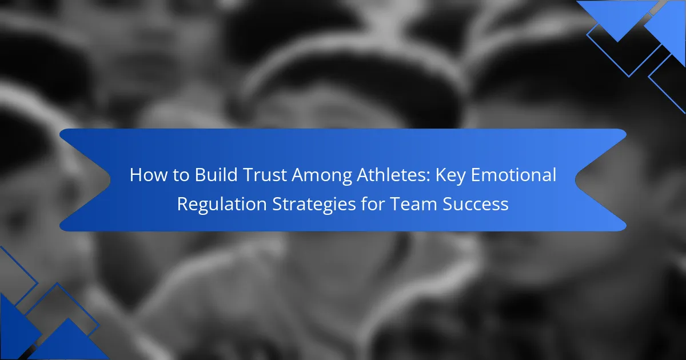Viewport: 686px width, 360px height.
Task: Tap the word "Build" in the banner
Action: (x=216, y=175)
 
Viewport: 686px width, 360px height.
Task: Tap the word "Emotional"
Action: (x=513, y=175)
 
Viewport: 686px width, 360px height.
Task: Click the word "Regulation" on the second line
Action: (x=222, y=205)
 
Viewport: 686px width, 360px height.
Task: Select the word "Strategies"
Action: (x=314, y=205)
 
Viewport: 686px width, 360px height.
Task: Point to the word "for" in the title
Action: (x=373, y=203)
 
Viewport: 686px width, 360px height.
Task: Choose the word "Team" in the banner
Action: (x=413, y=204)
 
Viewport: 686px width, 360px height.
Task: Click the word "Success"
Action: (x=476, y=204)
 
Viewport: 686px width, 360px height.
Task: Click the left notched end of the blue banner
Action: (x=110, y=180)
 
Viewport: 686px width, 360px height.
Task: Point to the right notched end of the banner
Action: (x=576, y=180)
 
